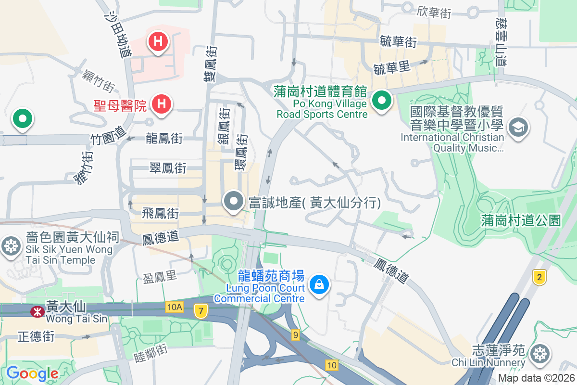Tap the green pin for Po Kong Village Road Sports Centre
pyautogui.click(x=382, y=101)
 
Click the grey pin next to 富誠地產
pyautogui.click(x=234, y=202)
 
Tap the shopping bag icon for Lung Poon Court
pyautogui.click(x=318, y=284)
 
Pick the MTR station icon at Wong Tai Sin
pyautogui.click(x=37, y=312)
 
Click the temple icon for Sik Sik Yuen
pyautogui.click(x=10, y=246)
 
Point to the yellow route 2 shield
pyautogui.click(x=540, y=277)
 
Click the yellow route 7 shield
pyautogui.click(x=201, y=311)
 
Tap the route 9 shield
pyautogui.click(x=295, y=334)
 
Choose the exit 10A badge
pyautogui.click(x=175, y=307)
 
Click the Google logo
pyautogui.click(x=32, y=373)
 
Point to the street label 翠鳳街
pyautogui.click(x=168, y=168)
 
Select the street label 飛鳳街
pyautogui.click(x=161, y=213)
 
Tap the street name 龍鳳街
pyautogui.click(x=164, y=139)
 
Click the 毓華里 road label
pyautogui.click(x=392, y=68)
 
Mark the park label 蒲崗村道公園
pyautogui.click(x=521, y=221)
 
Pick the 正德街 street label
pyautogui.click(x=36, y=336)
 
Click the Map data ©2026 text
pyautogui.click(x=536, y=378)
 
